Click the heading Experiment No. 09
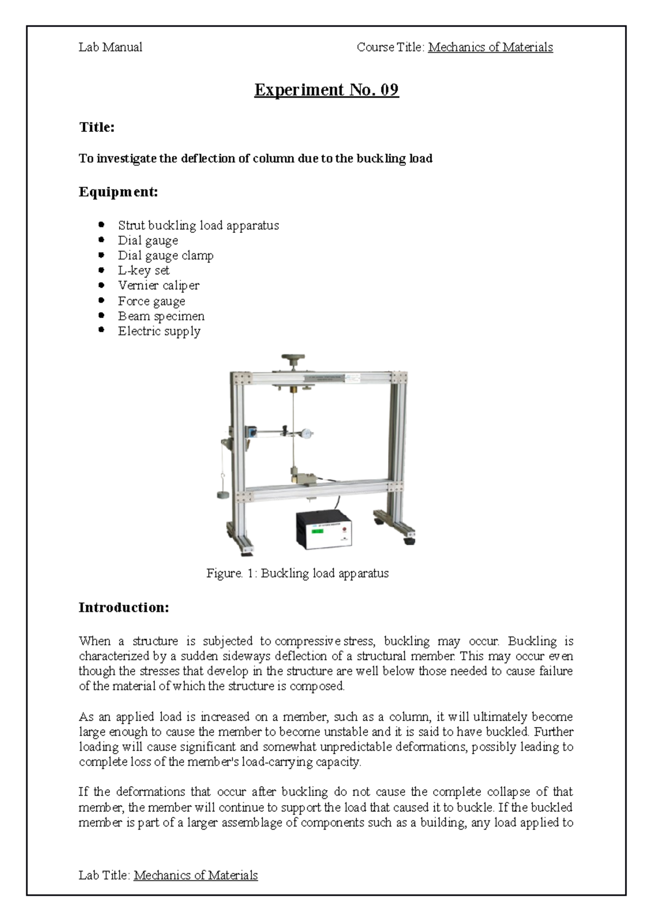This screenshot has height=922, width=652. click(327, 90)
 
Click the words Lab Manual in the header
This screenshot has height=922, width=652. click(110, 47)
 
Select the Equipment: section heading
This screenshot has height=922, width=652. click(118, 192)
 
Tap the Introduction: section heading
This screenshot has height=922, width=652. click(124, 607)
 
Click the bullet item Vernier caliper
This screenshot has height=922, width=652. click(159, 285)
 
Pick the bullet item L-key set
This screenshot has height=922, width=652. click(143, 270)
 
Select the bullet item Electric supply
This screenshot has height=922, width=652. click(159, 331)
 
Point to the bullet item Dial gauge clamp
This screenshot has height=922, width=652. click(166, 255)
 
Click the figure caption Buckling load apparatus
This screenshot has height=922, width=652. click(297, 573)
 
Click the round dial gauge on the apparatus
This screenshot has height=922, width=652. click(307, 433)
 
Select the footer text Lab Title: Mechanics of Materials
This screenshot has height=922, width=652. click(168, 875)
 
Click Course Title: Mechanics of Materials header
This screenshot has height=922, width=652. click(455, 47)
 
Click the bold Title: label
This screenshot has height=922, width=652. click(97, 127)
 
